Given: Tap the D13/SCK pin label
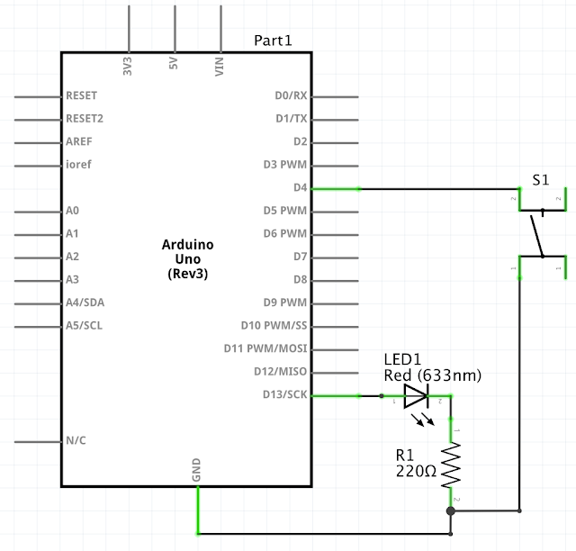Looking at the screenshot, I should pos(284,394).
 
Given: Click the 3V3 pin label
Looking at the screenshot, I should pos(128,66).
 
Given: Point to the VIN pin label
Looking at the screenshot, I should pos(220,66).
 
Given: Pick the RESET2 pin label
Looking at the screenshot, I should pos(85,118).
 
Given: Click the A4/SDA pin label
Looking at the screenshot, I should pos(85,303).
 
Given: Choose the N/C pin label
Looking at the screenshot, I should pos(76,441).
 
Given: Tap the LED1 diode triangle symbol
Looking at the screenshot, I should pos(416,395).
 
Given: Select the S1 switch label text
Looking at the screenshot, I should pos(540,180).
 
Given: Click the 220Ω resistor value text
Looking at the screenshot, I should pos(415,470).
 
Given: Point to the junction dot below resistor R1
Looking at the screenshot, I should pos(451,510).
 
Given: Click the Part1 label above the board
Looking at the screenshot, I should pos(273,41).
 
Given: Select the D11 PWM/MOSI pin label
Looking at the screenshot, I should pos(265,348).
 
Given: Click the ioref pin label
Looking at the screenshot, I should pos(78,165).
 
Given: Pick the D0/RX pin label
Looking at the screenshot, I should pos(291,95).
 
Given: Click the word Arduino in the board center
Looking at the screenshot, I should pos(188,245).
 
